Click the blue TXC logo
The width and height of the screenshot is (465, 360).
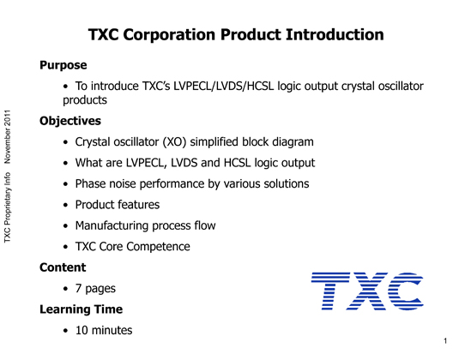pos(367,291)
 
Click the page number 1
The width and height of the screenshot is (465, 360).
pos(445,341)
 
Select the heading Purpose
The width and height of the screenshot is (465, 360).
pos(63,65)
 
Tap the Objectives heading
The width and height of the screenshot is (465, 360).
pos(70,121)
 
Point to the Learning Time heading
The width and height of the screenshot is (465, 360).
pos(81,309)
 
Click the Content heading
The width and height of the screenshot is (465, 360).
pos(63,267)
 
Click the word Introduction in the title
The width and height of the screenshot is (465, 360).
pos(335,34)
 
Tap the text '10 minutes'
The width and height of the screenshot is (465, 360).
pos(104,330)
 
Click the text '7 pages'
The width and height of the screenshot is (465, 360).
pos(95,289)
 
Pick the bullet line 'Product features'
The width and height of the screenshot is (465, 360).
pos(118,205)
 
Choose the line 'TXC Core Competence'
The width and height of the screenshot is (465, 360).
pos(133,247)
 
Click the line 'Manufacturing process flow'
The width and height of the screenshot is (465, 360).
pos(145,225)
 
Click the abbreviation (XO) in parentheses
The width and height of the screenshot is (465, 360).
pos(174,142)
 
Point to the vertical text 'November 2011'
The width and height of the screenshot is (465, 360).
pos(8,137)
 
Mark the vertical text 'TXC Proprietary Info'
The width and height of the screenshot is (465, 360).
pos(8,207)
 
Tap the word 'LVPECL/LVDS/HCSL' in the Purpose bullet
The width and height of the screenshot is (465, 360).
pos(224,87)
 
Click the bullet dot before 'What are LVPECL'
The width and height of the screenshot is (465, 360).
pos(65,163)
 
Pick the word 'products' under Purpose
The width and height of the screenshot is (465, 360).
pos(85,100)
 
